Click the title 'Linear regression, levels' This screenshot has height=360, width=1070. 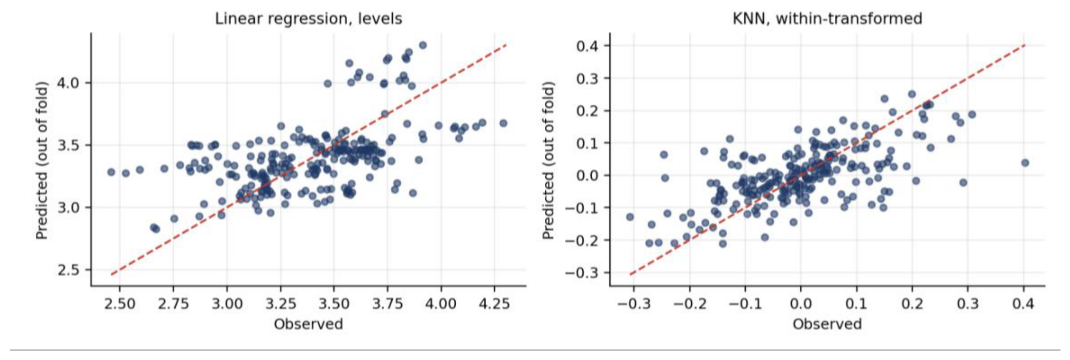308,18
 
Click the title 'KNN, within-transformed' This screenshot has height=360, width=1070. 827,18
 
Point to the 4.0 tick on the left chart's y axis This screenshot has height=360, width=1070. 68,82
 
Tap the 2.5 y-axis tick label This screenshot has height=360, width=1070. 68,270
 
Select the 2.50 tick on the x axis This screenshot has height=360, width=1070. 120,303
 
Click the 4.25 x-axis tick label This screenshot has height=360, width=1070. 494,303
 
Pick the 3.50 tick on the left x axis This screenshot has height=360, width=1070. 334,303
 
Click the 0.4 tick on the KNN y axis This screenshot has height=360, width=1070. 587,46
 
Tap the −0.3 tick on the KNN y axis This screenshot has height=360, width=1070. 581,272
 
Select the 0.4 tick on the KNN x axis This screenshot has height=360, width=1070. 1023,303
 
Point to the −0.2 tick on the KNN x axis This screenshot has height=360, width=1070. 690,303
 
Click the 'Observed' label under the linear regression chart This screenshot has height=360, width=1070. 308,324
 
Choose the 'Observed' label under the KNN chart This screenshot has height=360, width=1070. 827,324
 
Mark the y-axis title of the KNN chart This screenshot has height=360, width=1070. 549,160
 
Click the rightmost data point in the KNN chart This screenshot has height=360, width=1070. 1024,163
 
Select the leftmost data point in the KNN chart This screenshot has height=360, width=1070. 630,217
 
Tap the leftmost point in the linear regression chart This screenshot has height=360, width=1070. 111,172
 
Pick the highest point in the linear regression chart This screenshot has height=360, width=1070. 423,45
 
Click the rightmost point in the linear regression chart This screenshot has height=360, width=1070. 503,123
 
